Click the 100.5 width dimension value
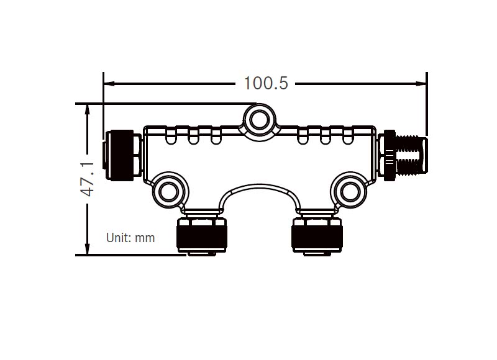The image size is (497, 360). (266, 83)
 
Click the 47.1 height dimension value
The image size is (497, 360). (88, 179)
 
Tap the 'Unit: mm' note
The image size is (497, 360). (130, 238)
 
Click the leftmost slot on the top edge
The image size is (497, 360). (171, 136)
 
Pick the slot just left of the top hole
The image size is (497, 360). (216, 136)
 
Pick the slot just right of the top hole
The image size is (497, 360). (303, 136)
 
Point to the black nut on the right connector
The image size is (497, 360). (390, 155)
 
